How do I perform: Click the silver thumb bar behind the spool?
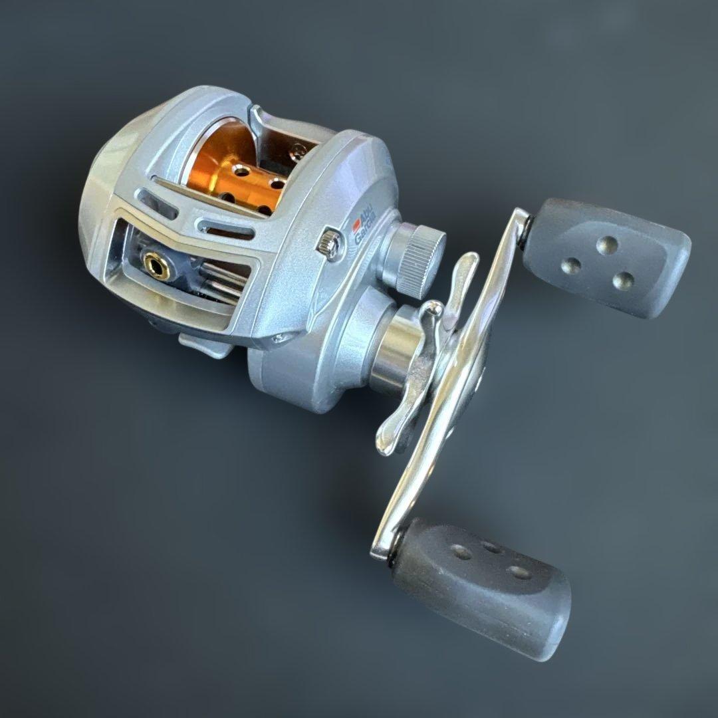[x=279, y=130]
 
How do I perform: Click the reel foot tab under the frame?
[x=199, y=346]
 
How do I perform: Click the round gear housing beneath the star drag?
[x=299, y=372]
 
